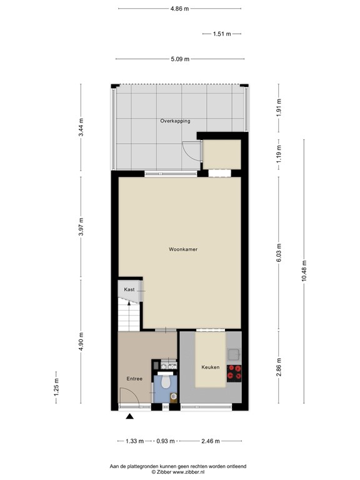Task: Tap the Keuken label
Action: coord(210,367)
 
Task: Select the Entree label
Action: coord(134,379)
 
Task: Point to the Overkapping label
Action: coord(175,121)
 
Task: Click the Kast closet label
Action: coord(129,289)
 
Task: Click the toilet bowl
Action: coord(166,381)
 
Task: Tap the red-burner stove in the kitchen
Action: coord(234,372)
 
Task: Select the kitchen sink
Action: coord(235,354)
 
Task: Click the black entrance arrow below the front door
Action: coord(129,416)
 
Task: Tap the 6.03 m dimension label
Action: coord(279,252)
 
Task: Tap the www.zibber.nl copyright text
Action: coord(179,472)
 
